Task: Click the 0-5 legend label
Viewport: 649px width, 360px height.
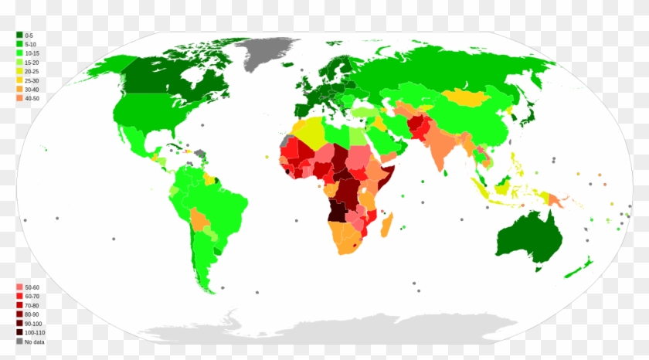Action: [29, 36]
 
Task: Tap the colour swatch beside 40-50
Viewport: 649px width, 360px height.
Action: [19, 99]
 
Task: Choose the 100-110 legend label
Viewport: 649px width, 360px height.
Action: [34, 332]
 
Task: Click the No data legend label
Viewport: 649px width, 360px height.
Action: [34, 341]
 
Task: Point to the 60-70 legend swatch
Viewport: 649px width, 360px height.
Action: [19, 296]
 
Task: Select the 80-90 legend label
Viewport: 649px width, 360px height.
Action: [31, 314]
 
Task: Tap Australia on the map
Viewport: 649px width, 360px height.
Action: [528, 236]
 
